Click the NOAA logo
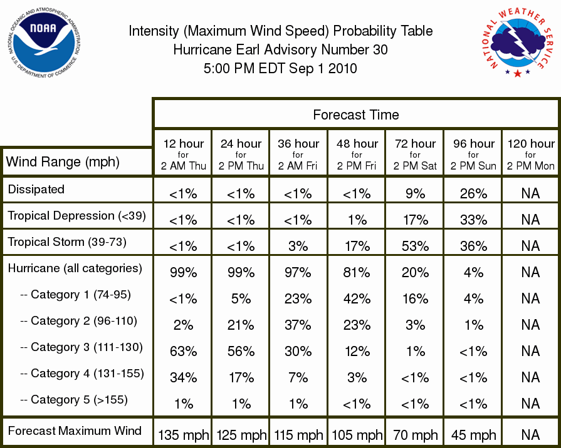tap(44, 43)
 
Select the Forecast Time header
tap(355, 115)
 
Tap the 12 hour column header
tap(183, 155)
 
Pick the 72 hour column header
tap(415, 155)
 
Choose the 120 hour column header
tap(530, 155)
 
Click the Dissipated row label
tap(36, 189)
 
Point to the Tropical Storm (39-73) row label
tap(67, 242)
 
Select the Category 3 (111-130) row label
tap(81, 347)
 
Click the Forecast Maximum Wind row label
tap(75, 430)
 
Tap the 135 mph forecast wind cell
tap(183, 435)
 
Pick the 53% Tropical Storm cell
tap(415, 246)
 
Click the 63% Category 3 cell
tap(183, 351)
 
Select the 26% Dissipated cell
tap(473, 193)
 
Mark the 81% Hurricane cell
tap(357, 273)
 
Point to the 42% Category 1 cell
tap(357, 298)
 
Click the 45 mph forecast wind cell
tap(473, 435)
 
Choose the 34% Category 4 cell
tap(183, 378)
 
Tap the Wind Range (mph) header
tap(63, 162)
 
